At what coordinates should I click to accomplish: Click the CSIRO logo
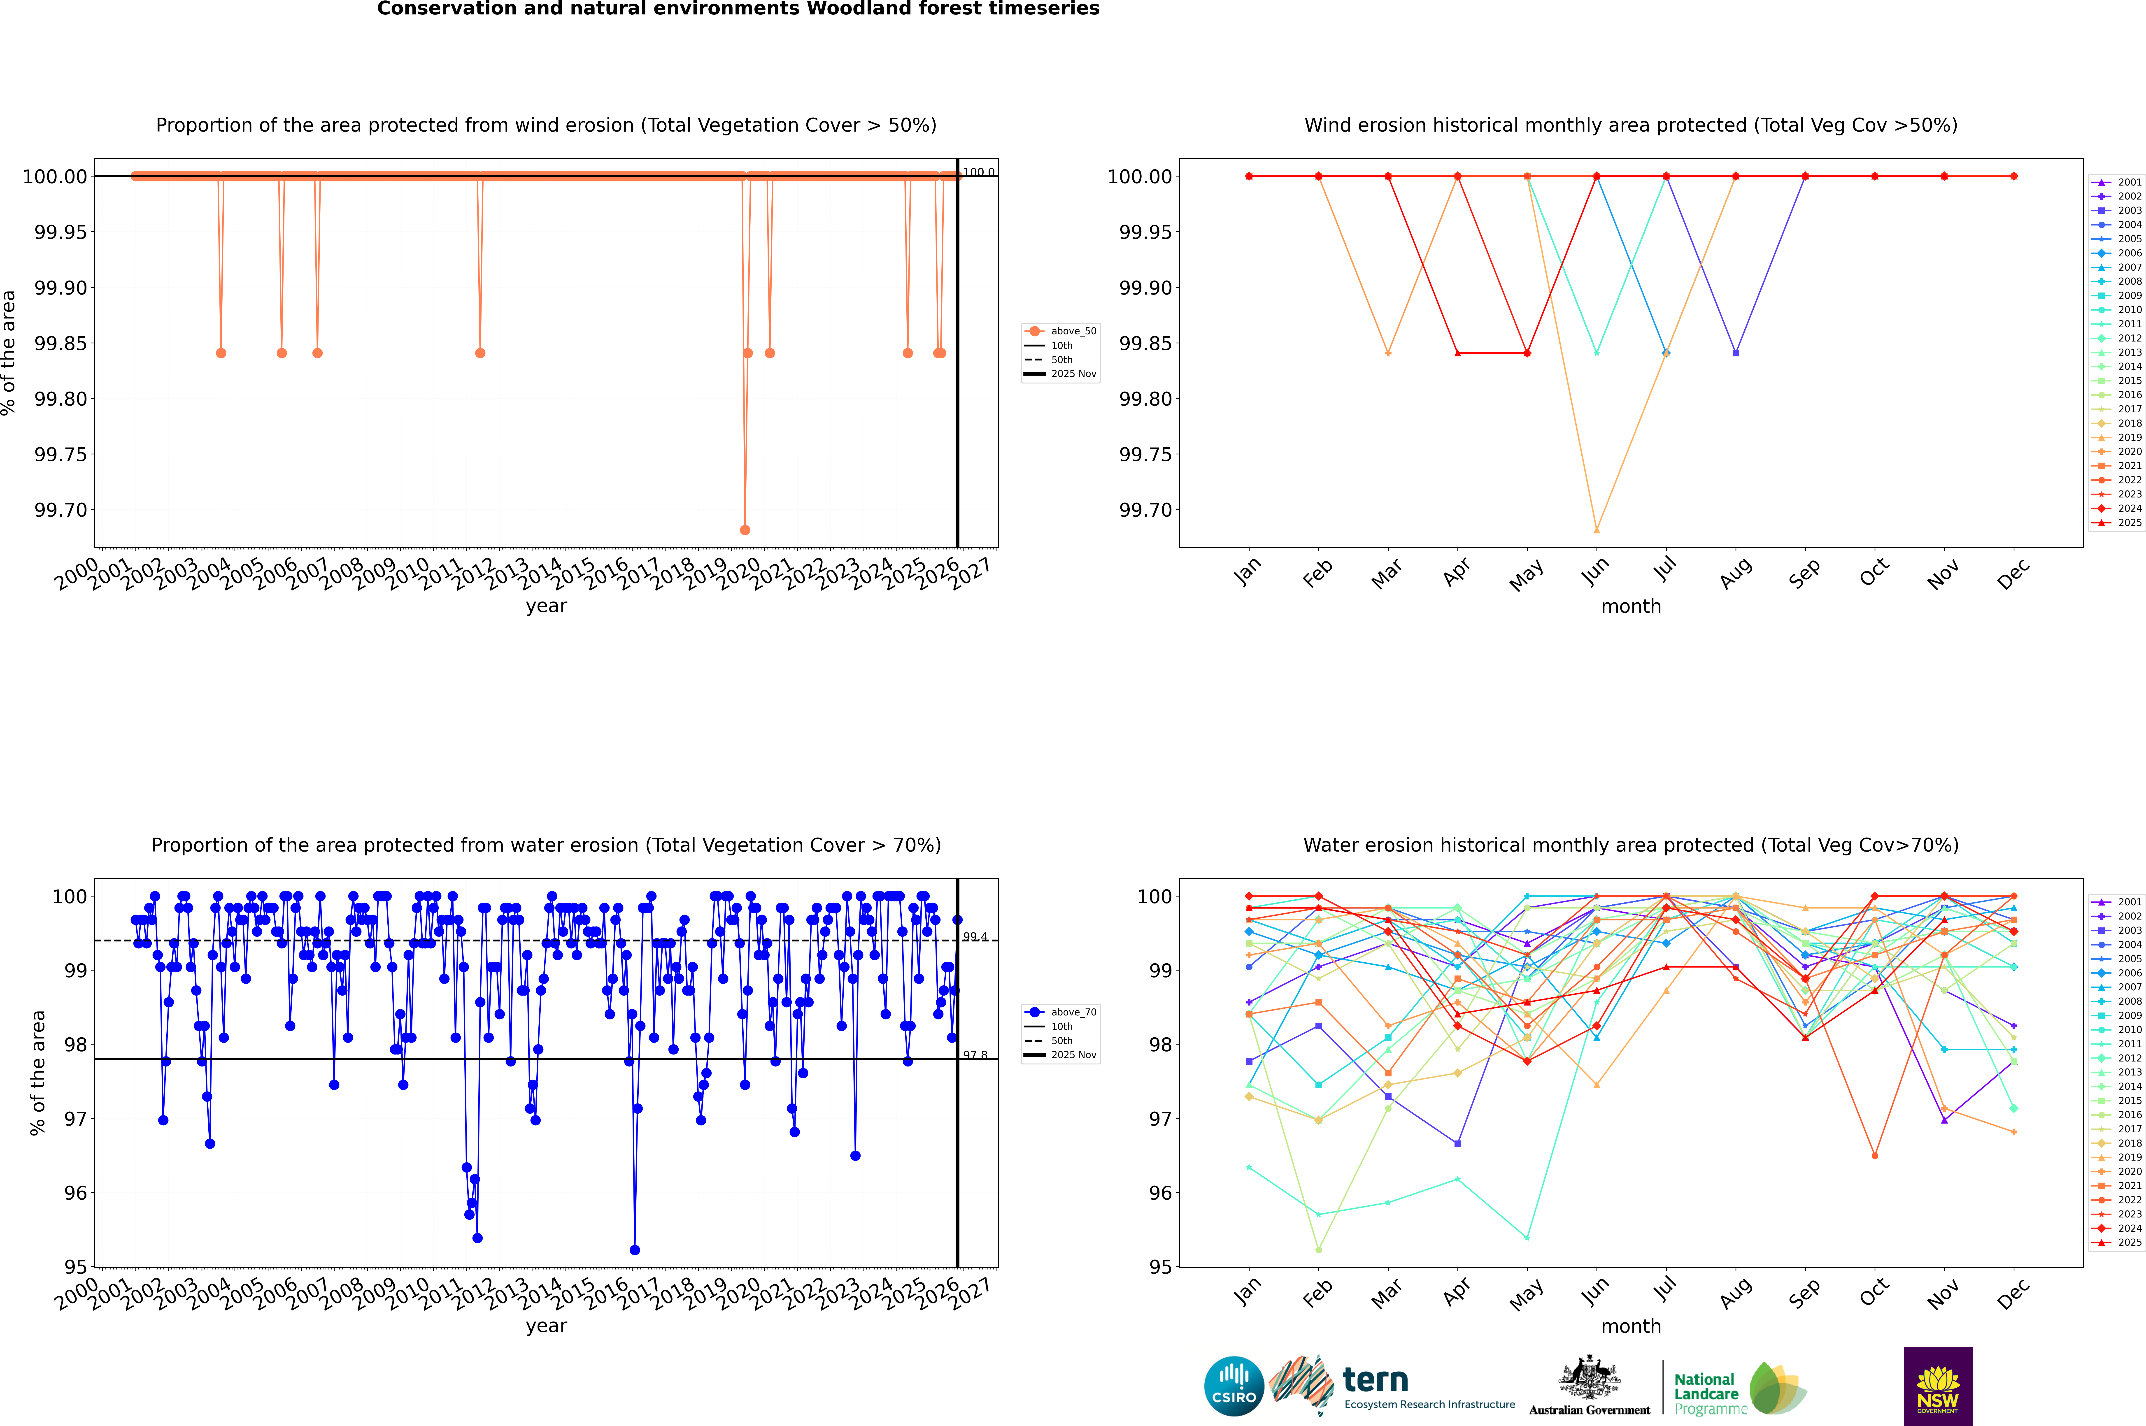[x=1234, y=1386]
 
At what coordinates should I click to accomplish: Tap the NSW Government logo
[x=1938, y=1386]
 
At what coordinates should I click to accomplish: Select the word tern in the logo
[x=1376, y=1381]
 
